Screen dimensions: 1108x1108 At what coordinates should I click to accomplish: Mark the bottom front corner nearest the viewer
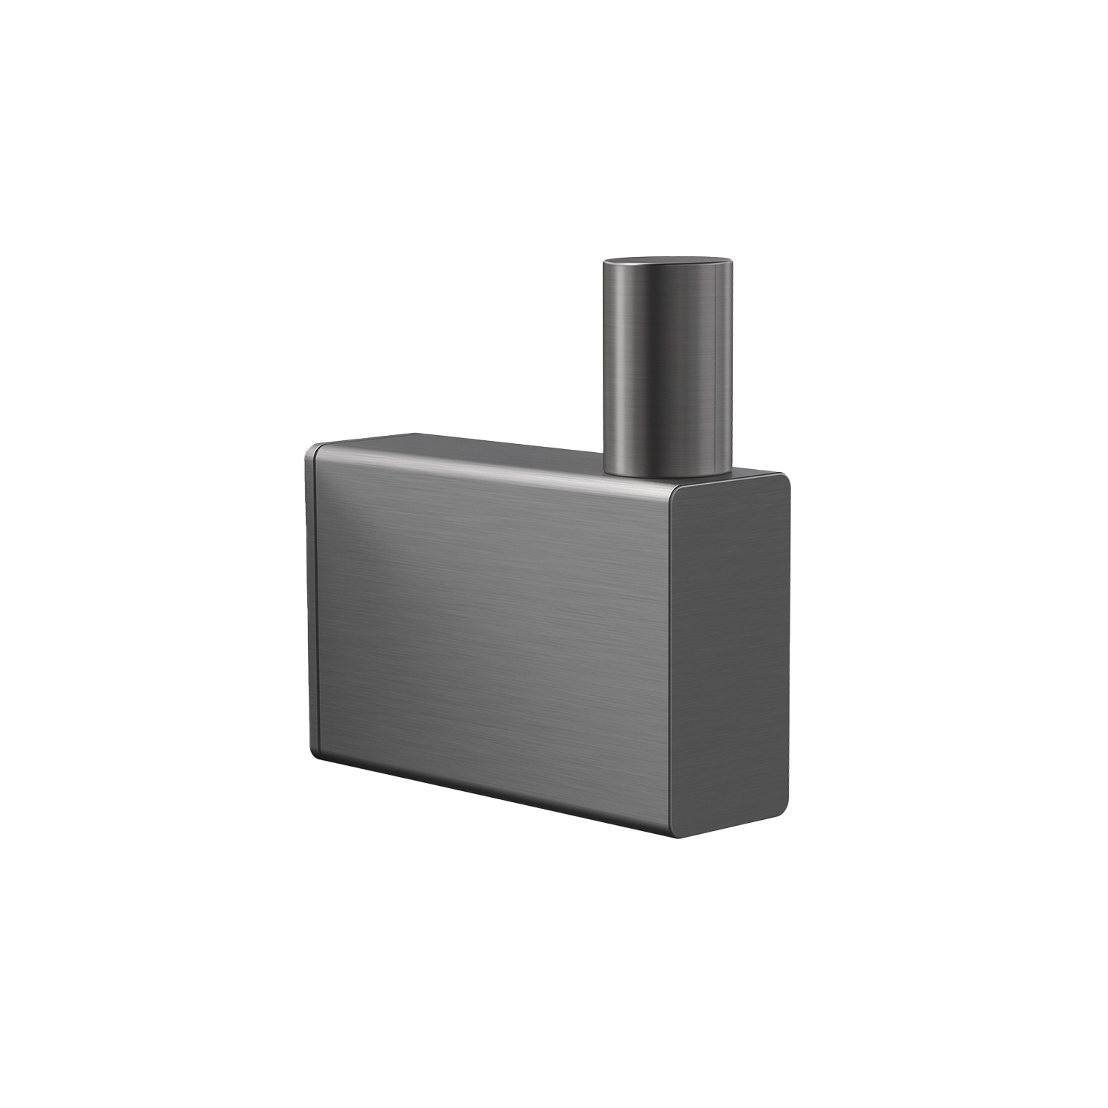pyautogui.click(x=674, y=835)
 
